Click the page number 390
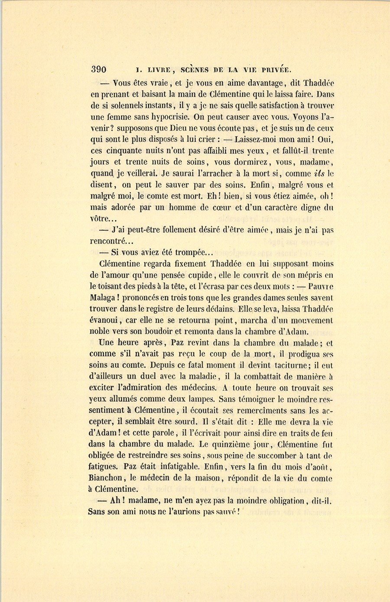(99, 69)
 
